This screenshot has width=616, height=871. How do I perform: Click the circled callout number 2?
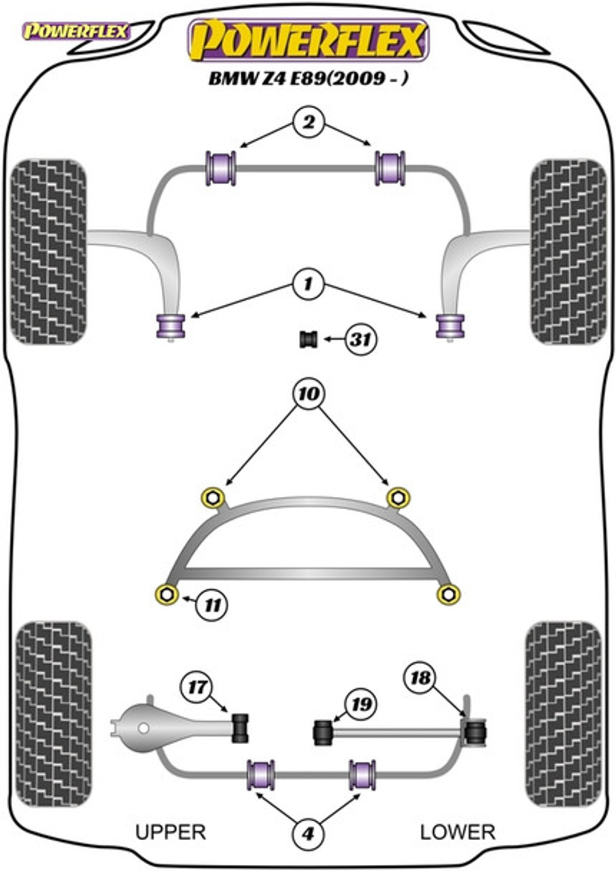point(309,123)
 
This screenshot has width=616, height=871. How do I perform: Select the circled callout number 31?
point(360,339)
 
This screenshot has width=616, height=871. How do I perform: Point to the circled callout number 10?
point(308,394)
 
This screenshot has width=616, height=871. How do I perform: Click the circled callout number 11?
point(212,605)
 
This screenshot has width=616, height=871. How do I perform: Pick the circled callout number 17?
point(197,687)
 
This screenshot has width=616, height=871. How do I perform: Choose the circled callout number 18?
point(420,678)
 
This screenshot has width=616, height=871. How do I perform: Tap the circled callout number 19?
point(360,704)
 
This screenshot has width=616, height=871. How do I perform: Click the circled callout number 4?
point(308,834)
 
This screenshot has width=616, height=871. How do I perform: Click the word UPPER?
point(170,832)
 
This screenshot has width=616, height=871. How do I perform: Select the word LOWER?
point(457,832)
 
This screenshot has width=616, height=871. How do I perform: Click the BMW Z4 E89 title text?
point(309,79)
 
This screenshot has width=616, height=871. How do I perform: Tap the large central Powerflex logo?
point(308,41)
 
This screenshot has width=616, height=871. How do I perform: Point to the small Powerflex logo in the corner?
point(76,32)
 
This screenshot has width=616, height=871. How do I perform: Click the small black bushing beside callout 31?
point(309,340)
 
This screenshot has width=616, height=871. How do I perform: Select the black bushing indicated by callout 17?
point(240,728)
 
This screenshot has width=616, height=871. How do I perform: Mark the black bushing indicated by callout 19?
point(322,732)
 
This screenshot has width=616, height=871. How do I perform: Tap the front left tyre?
point(49,251)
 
